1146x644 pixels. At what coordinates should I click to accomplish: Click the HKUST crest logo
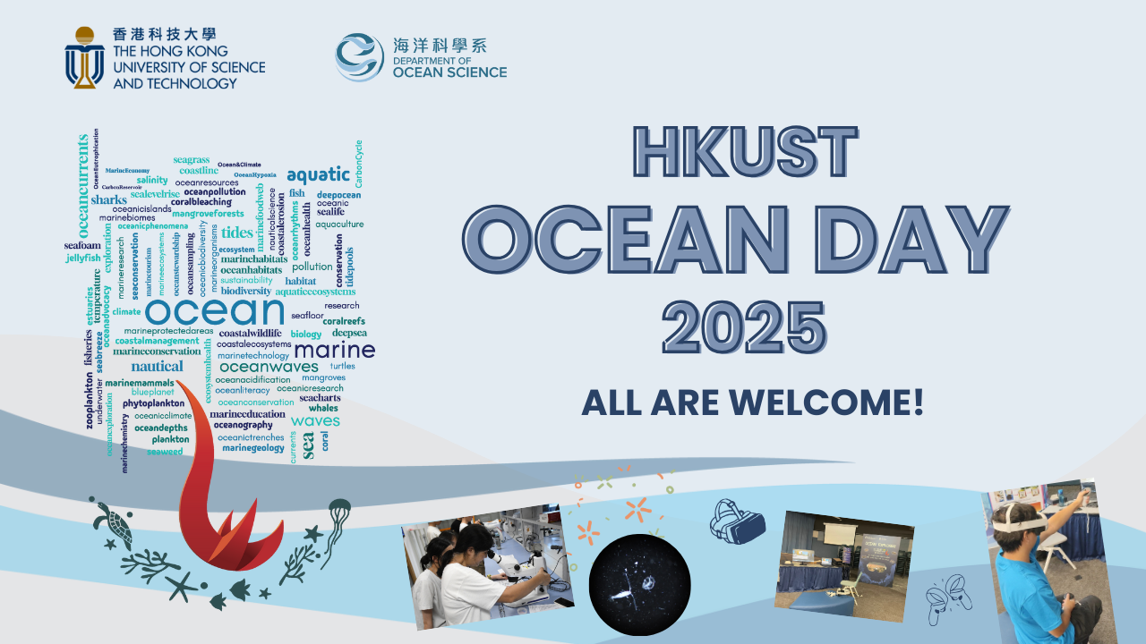point(85,57)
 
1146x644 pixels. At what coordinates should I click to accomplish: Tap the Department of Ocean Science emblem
point(360,57)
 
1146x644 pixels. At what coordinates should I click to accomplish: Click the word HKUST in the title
point(746,153)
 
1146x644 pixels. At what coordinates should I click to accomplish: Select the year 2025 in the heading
point(746,328)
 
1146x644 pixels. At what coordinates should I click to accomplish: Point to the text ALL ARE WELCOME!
point(752,402)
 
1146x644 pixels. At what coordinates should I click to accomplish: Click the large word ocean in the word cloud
point(214,311)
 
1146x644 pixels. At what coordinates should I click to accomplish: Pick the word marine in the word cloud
point(334,349)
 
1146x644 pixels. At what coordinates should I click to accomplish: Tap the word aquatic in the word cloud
point(318,174)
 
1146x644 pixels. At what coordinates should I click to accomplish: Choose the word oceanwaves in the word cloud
point(269,367)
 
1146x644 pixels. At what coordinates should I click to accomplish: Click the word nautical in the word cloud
point(157,366)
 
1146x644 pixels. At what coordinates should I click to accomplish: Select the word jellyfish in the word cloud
point(83,258)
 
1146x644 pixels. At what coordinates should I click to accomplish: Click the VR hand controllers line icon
point(950,593)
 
